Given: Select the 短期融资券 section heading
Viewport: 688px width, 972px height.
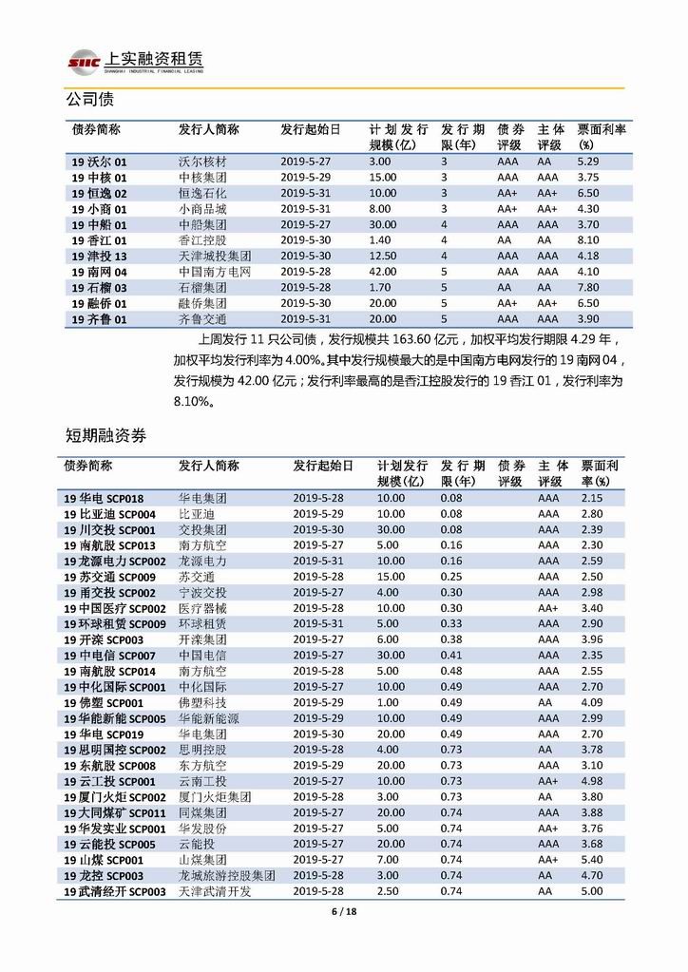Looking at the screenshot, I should pos(105,436).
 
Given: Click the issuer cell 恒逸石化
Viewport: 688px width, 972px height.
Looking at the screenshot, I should pos(202,194).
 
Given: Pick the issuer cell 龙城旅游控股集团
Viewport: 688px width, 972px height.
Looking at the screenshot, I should pos(227,876).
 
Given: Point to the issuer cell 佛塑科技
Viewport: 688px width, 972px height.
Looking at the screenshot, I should pos(202,703).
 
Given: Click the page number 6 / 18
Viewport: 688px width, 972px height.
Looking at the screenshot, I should pos(343,913).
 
